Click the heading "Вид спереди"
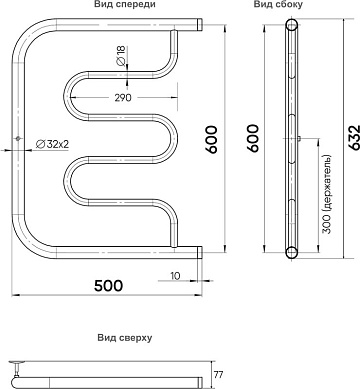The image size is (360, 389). tap(125, 4)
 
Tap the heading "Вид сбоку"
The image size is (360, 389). tap(278, 4)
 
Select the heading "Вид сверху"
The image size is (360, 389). tap(125, 338)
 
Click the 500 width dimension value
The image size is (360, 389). tap(108, 286)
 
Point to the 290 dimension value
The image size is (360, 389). tap(123, 98)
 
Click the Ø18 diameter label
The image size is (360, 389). tap(120, 55)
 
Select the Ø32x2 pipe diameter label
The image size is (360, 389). tap(52, 144)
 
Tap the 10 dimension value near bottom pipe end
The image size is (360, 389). tap(175, 276)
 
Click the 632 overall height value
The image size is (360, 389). tap(355, 137)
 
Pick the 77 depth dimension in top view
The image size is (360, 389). tap(218, 375)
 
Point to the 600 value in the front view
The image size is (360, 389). tap(211, 139)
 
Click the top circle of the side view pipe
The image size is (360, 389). tap(292, 25)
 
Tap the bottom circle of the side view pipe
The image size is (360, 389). tap(292, 252)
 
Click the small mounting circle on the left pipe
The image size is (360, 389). tap(18, 138)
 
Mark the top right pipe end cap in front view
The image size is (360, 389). tap(199, 25)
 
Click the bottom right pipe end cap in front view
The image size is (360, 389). tap(199, 252)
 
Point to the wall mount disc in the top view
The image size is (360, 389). tap(16, 362)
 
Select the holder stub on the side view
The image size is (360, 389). tap(300, 138)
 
